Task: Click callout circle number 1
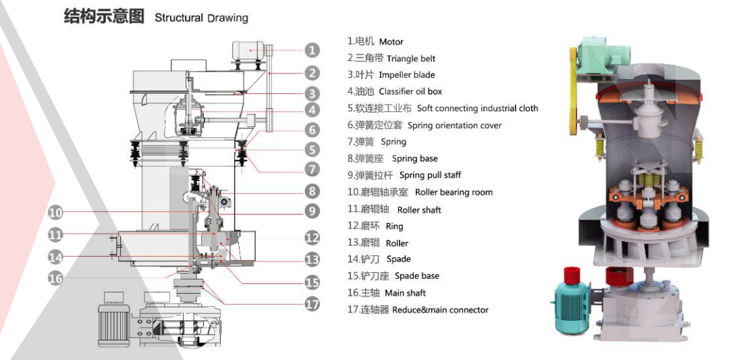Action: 311,49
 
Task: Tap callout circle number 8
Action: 311,191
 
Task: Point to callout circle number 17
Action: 311,304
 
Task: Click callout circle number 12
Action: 311,238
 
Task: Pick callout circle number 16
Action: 55,278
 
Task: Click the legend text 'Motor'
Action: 391,42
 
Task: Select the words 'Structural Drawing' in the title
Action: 201,18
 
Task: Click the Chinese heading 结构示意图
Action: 104,16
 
